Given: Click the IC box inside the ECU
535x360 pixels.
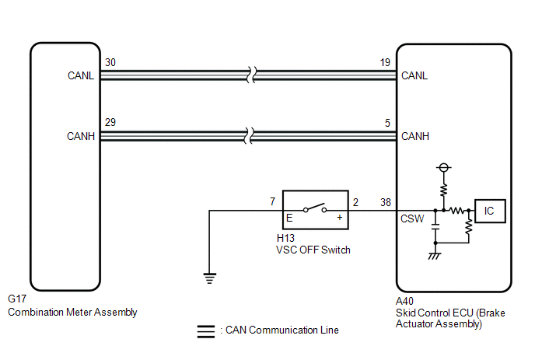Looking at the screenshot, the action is pyautogui.click(x=490, y=211).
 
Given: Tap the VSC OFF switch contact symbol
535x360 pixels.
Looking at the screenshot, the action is pyautogui.click(x=315, y=208).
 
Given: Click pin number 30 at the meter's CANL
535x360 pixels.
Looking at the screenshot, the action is pyautogui.click(x=110, y=62).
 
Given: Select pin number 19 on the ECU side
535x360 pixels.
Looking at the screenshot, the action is pyautogui.click(x=385, y=62).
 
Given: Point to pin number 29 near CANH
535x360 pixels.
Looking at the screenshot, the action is pyautogui.click(x=110, y=122).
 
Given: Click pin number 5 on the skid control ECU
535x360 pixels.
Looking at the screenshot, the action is pyautogui.click(x=387, y=123).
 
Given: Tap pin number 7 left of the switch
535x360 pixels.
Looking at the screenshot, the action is pyautogui.click(x=272, y=201).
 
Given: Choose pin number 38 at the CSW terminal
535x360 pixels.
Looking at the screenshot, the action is pyautogui.click(x=386, y=202).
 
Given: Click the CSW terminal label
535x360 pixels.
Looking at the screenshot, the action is pyautogui.click(x=412, y=218).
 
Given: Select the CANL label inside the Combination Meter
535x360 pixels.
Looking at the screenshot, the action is pyautogui.click(x=81, y=75).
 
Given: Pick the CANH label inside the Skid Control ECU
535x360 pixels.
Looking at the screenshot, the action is pyautogui.click(x=415, y=136).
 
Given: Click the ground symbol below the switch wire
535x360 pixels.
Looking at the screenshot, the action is pyautogui.click(x=209, y=278).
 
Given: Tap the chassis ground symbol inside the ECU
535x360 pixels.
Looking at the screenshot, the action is pyautogui.click(x=435, y=256).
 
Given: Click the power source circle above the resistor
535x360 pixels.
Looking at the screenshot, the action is pyautogui.click(x=443, y=167).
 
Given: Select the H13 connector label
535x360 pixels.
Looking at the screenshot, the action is pyautogui.click(x=285, y=238).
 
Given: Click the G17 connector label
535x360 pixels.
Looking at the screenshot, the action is pyautogui.click(x=17, y=299).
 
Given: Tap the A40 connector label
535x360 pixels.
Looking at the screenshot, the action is pyautogui.click(x=404, y=301).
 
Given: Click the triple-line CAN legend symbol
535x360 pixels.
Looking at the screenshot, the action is pyautogui.click(x=206, y=331).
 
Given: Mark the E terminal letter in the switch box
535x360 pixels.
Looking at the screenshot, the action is pyautogui.click(x=289, y=218).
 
